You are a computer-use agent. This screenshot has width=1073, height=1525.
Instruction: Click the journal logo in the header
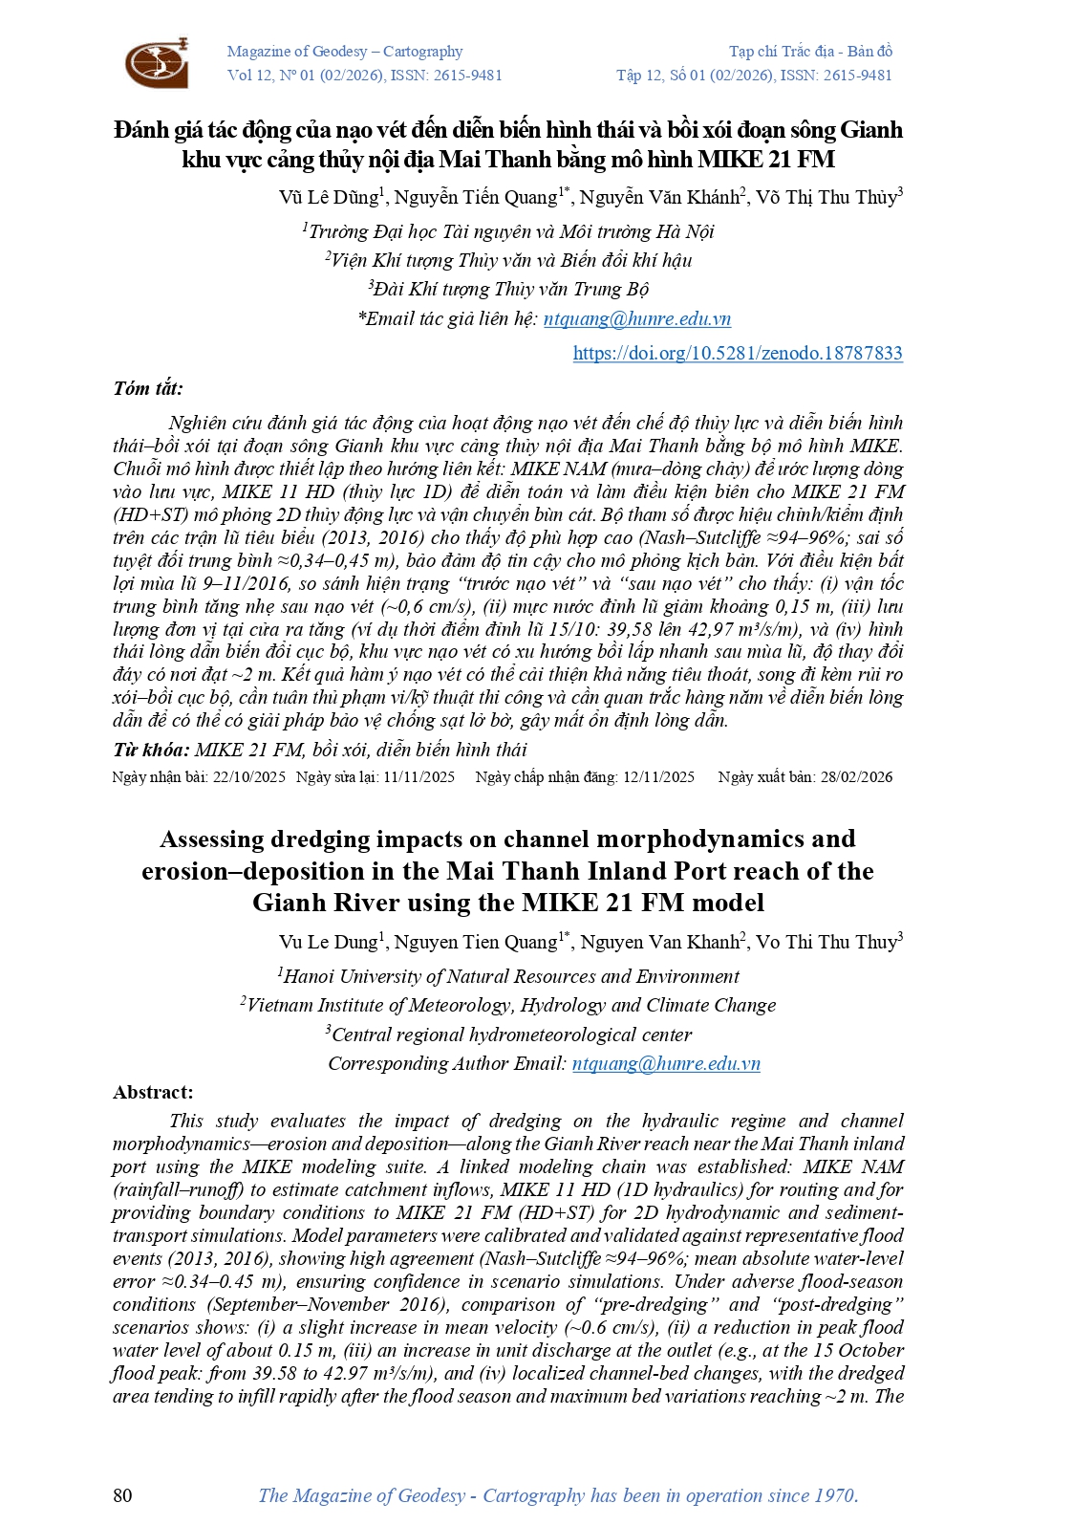coord(157,63)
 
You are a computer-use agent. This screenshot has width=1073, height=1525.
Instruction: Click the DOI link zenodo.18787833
coord(737,353)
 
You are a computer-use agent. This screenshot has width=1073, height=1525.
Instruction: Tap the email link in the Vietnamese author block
coord(636,318)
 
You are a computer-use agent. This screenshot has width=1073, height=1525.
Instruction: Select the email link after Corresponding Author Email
coord(666,1063)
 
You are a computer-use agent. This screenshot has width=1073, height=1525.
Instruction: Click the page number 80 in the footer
coord(123,1495)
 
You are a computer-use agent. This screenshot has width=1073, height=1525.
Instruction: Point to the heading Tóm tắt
coord(148,388)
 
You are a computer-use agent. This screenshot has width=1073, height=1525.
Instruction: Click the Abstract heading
coord(153,1092)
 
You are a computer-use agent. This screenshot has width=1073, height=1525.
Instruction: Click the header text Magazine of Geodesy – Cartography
coord(344,52)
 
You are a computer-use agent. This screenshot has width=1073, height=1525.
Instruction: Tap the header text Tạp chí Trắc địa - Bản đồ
coord(810,52)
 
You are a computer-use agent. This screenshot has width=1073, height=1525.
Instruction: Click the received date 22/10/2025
coord(249,776)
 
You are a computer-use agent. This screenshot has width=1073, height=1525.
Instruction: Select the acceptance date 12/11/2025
coord(658,776)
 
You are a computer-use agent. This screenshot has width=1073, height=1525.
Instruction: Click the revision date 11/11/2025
coord(418,776)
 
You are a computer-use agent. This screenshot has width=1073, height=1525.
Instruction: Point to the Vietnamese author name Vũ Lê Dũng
coord(328,197)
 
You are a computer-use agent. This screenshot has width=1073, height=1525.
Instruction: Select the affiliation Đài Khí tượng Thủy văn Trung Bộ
coord(511,289)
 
